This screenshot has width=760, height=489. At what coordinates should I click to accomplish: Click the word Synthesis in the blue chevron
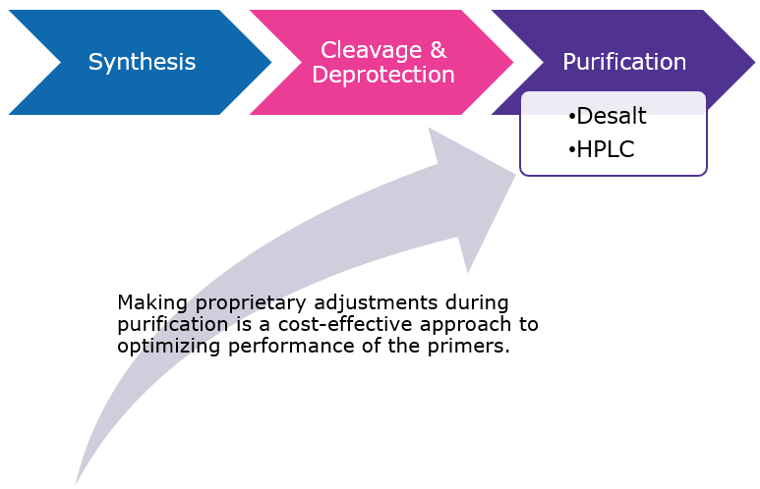tap(142, 63)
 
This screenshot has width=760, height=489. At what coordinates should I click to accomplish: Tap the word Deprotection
tap(382, 76)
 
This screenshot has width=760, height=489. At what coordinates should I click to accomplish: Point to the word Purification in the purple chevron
tap(624, 63)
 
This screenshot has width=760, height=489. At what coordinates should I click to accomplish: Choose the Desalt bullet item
tap(611, 117)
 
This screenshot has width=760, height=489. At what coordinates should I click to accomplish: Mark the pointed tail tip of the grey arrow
tap(77, 482)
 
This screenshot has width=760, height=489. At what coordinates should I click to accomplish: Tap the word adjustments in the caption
tap(364, 302)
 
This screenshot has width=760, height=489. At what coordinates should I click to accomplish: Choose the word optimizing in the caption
tap(159, 347)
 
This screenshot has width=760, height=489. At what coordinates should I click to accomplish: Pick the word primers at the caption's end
tap(473, 347)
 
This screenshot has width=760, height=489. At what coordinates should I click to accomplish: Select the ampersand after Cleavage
tap(438, 50)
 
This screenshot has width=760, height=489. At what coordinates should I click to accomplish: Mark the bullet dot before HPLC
tap(571, 149)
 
